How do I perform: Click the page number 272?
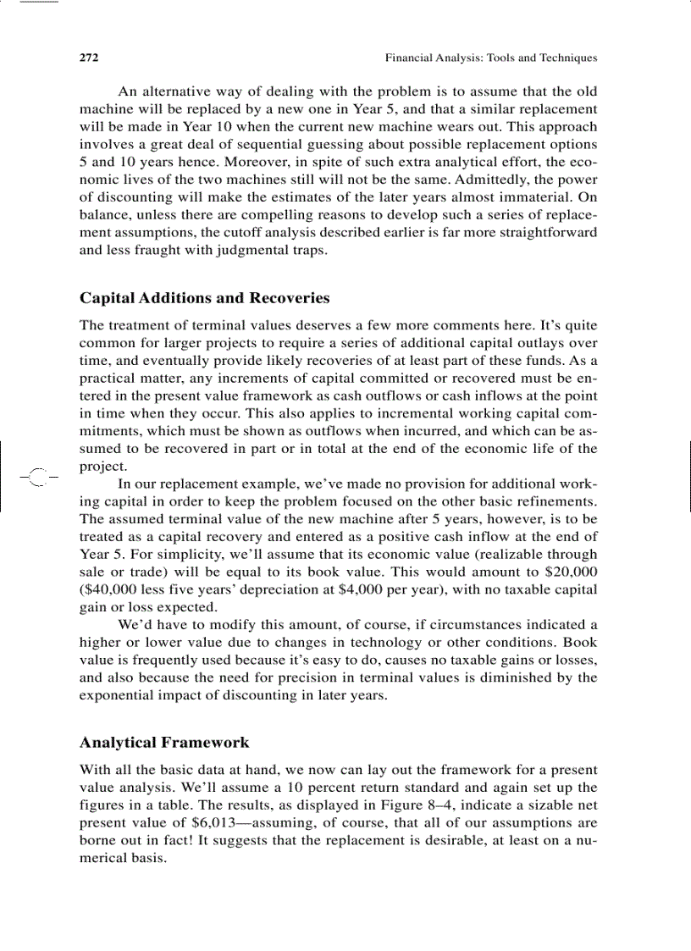click(89, 58)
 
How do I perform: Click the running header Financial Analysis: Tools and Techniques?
click(490, 58)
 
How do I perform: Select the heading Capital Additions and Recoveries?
click(204, 298)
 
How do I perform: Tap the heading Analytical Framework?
click(164, 743)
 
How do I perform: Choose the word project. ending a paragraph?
click(103, 467)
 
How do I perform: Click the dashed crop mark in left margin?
click(36, 478)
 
